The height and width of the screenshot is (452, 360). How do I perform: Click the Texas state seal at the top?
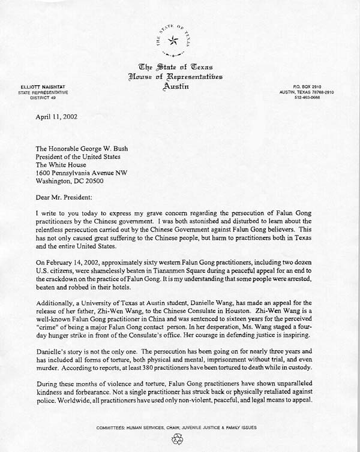tap(173, 40)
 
